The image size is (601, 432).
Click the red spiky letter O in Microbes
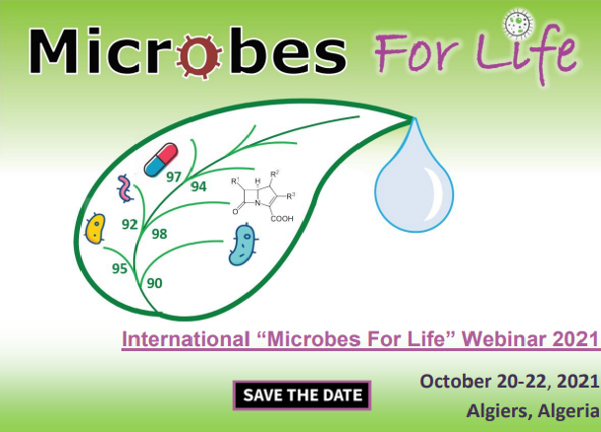(199, 55)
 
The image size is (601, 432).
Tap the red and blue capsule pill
(161, 160)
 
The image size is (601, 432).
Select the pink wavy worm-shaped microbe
(125, 188)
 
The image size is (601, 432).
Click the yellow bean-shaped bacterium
(95, 229)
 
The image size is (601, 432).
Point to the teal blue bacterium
(243, 246)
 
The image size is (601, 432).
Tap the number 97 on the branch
(174, 177)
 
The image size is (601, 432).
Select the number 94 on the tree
(199, 186)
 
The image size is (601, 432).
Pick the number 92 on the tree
(129, 224)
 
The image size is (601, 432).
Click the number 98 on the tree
(159, 234)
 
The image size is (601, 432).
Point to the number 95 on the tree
(119, 268)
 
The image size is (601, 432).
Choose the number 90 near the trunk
(155, 283)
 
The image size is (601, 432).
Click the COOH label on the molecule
(282, 219)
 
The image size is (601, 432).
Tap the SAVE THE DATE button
(302, 396)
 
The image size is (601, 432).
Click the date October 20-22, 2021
(509, 382)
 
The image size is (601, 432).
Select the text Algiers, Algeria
(533, 411)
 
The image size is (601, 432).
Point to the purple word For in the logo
(416, 53)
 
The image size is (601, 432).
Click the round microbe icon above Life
(518, 24)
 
